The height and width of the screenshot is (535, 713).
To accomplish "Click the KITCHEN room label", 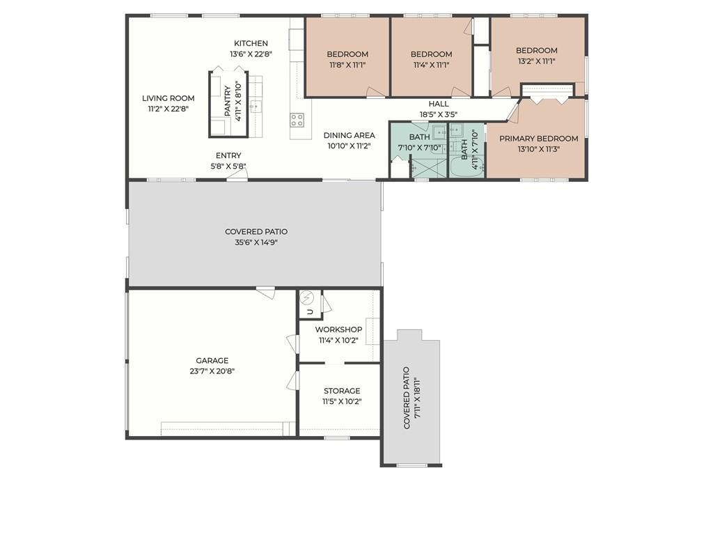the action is (x=251, y=43).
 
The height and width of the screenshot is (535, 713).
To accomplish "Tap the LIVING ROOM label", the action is (x=169, y=98).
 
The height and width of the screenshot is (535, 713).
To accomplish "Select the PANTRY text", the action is (x=228, y=101).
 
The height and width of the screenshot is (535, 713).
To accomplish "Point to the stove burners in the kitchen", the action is (x=297, y=120).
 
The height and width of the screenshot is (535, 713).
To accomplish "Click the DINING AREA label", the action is (x=350, y=135).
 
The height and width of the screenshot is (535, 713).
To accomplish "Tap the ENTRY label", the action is (x=228, y=155).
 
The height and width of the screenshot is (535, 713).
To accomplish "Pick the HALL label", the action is (x=439, y=104).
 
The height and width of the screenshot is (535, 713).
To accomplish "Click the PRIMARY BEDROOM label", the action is (x=539, y=139).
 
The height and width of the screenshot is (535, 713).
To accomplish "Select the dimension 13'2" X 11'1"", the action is (x=537, y=61).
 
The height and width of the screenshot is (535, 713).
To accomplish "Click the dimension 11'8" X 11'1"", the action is (x=347, y=65).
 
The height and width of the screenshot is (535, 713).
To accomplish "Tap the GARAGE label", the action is (x=212, y=360).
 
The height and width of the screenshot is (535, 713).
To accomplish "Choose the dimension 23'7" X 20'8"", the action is (x=212, y=371).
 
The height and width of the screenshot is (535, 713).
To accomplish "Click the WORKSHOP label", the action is (x=339, y=329).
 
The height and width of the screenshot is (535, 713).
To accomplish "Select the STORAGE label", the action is (x=342, y=391).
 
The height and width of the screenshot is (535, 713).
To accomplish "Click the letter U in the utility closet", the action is (x=310, y=311).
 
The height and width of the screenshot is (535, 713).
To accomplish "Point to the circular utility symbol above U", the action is (x=307, y=297).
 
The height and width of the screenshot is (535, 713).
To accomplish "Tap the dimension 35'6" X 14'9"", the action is (x=256, y=242).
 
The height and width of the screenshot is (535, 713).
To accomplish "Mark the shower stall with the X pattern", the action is (x=429, y=167).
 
